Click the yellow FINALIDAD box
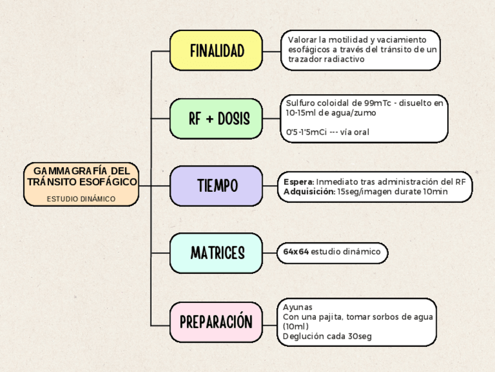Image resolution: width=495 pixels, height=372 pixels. (x=216, y=51)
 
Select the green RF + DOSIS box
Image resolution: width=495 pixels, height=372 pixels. (x=216, y=119)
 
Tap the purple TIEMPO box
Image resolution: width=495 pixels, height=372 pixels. (x=216, y=186)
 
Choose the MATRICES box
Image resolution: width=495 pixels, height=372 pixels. (x=216, y=253)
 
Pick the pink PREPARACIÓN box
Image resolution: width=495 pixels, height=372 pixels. (x=216, y=322)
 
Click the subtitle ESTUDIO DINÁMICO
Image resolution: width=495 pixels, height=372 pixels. (x=81, y=199)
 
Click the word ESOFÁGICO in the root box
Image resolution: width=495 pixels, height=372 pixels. (x=109, y=182)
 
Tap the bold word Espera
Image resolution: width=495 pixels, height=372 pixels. (x=298, y=181)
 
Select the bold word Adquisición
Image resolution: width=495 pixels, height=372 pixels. (x=309, y=191)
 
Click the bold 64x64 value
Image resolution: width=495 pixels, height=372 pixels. (x=296, y=252)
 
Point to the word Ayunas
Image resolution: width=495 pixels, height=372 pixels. (x=298, y=307)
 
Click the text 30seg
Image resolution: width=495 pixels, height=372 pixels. (x=359, y=336)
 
